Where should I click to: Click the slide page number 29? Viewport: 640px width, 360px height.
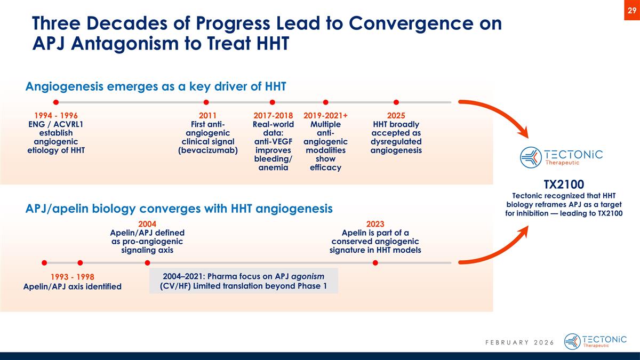tap(631, 11)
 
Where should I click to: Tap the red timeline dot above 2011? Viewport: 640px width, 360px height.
tap(206, 102)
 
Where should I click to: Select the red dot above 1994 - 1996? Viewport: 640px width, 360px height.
tap(55, 102)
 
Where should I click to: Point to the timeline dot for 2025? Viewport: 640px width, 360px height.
tap(396, 102)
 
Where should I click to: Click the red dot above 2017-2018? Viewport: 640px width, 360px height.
tap(272, 102)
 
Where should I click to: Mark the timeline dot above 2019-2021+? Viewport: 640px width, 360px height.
tap(325, 102)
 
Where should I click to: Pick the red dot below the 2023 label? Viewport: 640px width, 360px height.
tap(375, 262)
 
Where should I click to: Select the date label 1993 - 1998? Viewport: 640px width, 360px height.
tap(72, 277)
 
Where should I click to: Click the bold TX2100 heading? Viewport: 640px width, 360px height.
tap(564, 184)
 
